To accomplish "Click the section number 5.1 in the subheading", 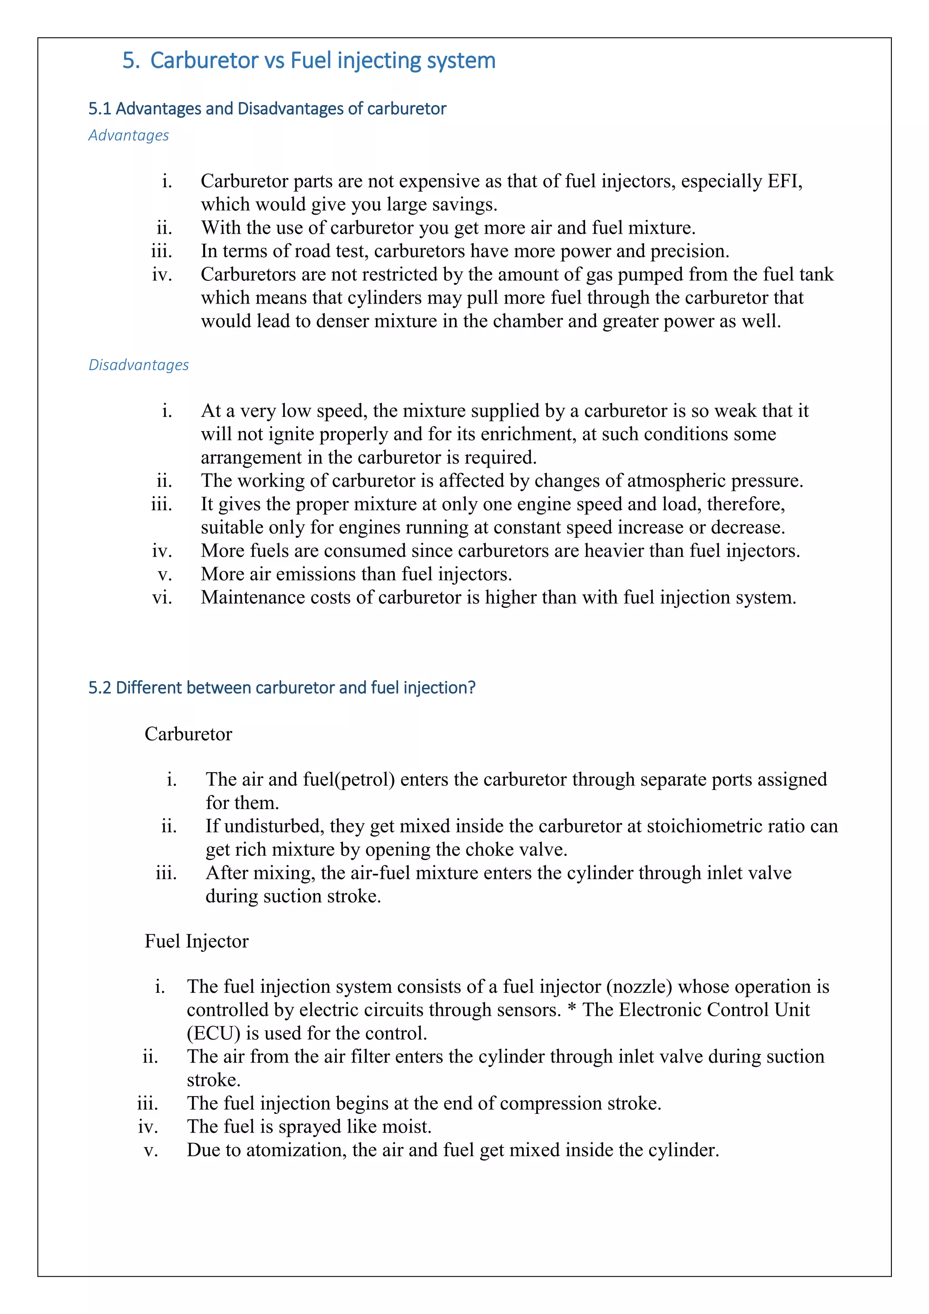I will click(x=99, y=109).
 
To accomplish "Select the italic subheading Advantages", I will click(x=129, y=136).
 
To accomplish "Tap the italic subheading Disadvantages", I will click(x=138, y=365).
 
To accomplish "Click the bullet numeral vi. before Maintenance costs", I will click(x=162, y=598).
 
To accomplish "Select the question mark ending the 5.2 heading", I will click(x=471, y=687).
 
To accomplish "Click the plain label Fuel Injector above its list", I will click(x=196, y=941).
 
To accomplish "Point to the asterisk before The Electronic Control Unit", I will click(x=572, y=1010).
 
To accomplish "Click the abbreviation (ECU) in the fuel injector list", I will click(x=213, y=1034).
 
